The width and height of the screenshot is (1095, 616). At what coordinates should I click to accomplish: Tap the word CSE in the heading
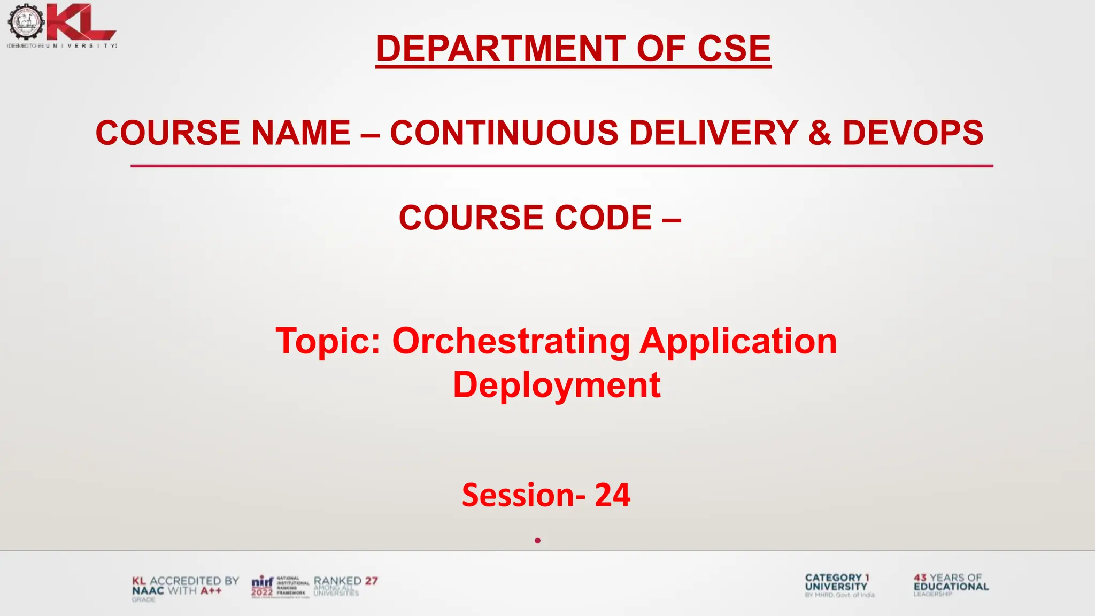pyautogui.click(x=734, y=49)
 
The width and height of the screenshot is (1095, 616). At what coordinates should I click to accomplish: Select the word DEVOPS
pyautogui.click(x=912, y=133)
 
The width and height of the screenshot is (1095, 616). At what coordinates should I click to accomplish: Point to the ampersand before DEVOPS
pyautogui.click(x=820, y=133)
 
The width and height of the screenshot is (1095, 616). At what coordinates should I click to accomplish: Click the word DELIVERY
pyautogui.click(x=714, y=133)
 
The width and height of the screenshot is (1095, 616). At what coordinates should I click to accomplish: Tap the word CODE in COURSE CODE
pyautogui.click(x=603, y=218)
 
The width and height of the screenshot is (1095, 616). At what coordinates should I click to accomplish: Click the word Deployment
pyautogui.click(x=557, y=384)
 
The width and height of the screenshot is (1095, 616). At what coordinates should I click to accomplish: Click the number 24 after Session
pyautogui.click(x=612, y=495)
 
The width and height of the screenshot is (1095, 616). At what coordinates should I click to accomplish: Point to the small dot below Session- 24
pyautogui.click(x=537, y=541)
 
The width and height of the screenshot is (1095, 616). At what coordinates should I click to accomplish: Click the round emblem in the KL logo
pyautogui.click(x=25, y=22)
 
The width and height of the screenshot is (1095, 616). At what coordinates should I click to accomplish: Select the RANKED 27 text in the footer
pyautogui.click(x=345, y=581)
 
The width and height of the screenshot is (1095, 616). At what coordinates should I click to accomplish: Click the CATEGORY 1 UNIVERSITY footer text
pyautogui.click(x=837, y=582)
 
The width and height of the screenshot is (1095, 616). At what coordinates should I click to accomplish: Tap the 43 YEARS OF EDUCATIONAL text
pyautogui.click(x=951, y=582)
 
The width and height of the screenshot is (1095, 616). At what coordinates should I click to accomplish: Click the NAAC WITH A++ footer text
pyautogui.click(x=177, y=591)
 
